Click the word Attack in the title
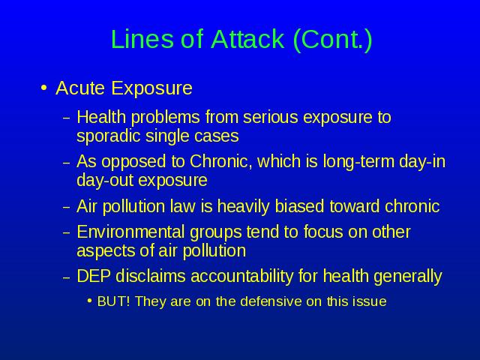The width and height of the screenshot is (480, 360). pyautogui.click(x=247, y=39)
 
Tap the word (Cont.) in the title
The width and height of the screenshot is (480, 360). pyautogui.click(x=333, y=40)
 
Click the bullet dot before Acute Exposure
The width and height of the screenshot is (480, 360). pyautogui.click(x=43, y=88)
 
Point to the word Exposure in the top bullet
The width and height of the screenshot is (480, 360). pyautogui.click(x=151, y=88)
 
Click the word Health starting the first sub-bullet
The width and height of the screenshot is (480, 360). pyautogui.click(x=101, y=117)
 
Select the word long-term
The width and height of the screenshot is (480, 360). pyautogui.click(x=358, y=162)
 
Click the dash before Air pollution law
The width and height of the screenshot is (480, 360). pyautogui.click(x=67, y=207)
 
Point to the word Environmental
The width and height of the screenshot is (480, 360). pyautogui.click(x=130, y=232)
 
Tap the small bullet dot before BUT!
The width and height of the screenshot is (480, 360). pyautogui.click(x=89, y=301)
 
